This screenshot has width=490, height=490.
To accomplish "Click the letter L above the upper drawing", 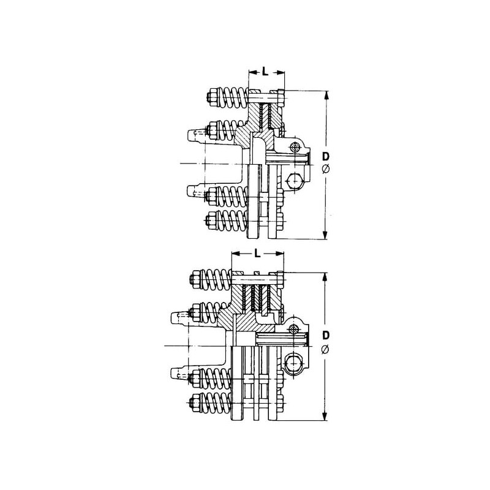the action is click(x=265, y=72).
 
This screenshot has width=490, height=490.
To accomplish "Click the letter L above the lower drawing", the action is click(x=257, y=253).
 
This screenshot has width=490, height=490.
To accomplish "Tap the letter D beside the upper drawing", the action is click(x=326, y=156).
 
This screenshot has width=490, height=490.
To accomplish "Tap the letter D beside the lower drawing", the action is click(x=326, y=335).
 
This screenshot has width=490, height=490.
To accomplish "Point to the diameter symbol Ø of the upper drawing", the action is click(x=325, y=169).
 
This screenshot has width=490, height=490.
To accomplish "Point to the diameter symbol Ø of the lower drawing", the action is click(x=325, y=349).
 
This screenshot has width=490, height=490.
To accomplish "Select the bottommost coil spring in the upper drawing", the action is click(x=232, y=221).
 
